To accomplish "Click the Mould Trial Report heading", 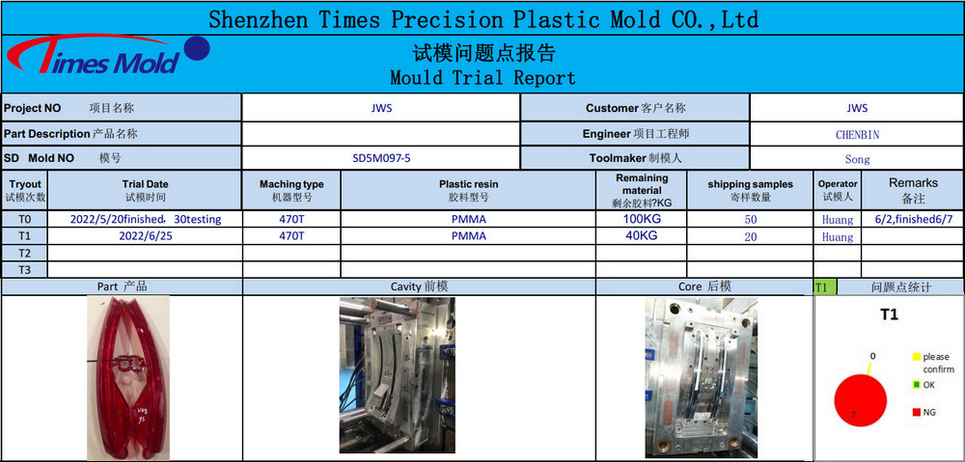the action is [x=483, y=77].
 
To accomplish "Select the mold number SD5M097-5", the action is [x=381, y=158].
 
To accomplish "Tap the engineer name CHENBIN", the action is [x=857, y=134].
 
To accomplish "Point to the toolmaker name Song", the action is [x=857, y=159].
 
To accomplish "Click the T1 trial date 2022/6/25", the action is [x=146, y=236].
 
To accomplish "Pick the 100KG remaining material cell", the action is [x=642, y=218].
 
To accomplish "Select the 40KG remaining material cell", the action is [x=642, y=235].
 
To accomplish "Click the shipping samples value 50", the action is [x=750, y=220].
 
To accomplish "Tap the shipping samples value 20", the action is [x=750, y=237].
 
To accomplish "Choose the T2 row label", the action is [x=25, y=253].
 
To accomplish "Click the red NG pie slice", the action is [x=860, y=400].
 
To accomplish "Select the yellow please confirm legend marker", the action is [x=916, y=356].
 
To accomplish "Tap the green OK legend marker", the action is [x=916, y=385].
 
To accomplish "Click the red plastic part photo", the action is [x=128, y=378].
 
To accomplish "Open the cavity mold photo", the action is [x=398, y=375].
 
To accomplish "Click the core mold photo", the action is [x=701, y=378].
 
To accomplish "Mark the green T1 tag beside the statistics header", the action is [x=821, y=287].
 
